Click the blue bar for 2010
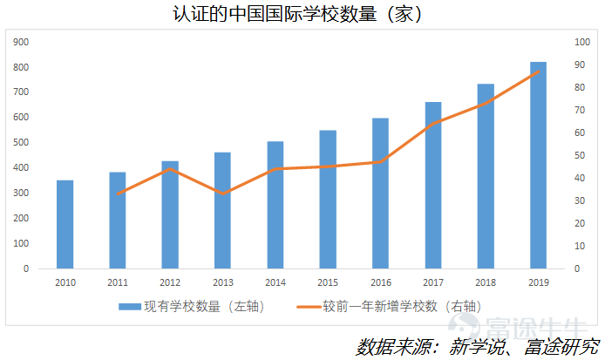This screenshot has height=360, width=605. pyautogui.click(x=65, y=224)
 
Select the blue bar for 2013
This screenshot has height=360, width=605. pyautogui.click(x=222, y=210)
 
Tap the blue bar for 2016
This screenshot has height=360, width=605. pyautogui.click(x=380, y=194)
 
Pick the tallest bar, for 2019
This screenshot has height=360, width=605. pyautogui.click(x=538, y=166)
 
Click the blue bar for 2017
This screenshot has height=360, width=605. pyautogui.click(x=433, y=185)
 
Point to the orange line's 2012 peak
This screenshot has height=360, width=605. pyautogui.click(x=170, y=169)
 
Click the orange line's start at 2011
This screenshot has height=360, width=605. pyautogui.click(x=118, y=194)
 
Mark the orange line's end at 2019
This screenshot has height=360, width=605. pyautogui.click(x=538, y=71)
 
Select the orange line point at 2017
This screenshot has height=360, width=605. pyautogui.click(x=433, y=124)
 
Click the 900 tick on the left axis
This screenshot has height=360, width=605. pyautogui.click(x=22, y=42)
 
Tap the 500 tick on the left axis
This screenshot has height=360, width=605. pyautogui.click(x=22, y=143)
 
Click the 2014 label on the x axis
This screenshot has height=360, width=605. pyautogui.click(x=275, y=282)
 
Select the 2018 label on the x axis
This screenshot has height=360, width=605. pyautogui.click(x=486, y=282)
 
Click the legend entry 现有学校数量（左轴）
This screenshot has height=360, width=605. pyautogui.click(x=191, y=306)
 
